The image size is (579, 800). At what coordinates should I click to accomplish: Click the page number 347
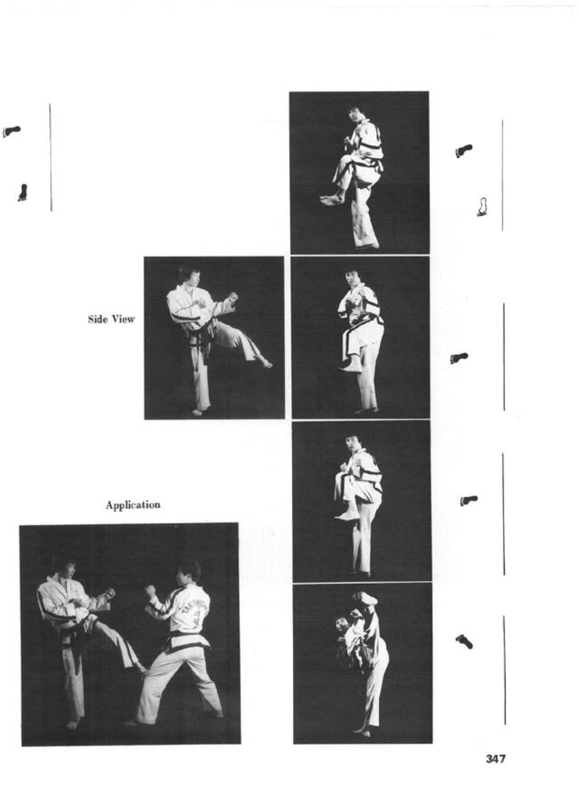tap(496, 759)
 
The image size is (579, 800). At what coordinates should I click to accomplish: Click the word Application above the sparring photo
tap(133, 505)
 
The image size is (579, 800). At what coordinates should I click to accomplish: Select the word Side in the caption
tap(97, 319)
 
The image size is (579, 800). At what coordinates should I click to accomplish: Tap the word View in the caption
tap(124, 319)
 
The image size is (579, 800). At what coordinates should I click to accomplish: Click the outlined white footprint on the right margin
tap(482, 207)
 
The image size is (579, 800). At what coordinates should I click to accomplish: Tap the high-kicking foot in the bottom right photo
tap(365, 598)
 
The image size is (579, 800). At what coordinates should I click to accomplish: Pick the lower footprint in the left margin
tap(23, 192)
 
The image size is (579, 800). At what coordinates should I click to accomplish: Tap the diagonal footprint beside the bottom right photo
tap(464, 641)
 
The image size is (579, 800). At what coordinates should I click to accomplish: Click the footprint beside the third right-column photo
tap(469, 500)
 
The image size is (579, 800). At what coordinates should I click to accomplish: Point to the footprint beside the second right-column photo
tap(459, 357)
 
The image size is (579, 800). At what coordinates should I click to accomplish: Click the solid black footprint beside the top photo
tap(464, 150)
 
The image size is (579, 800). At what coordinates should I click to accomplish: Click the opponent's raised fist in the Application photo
tap(151, 590)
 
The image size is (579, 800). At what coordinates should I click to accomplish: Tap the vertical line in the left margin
tap(51, 158)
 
